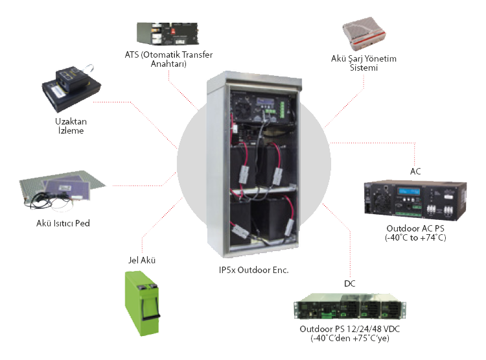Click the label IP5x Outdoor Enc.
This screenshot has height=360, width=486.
click(253, 269)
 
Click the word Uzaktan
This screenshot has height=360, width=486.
click(68, 121)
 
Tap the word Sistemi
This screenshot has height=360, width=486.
click(363, 67)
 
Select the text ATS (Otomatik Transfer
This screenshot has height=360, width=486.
click(168, 54)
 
